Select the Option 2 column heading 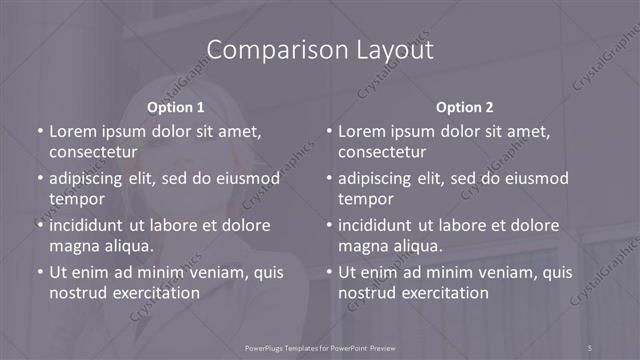click(x=465, y=107)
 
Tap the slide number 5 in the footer click(x=590, y=347)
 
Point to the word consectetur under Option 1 click(x=93, y=152)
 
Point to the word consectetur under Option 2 click(x=382, y=152)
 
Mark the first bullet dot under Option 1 click(x=40, y=131)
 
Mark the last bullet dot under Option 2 click(x=329, y=272)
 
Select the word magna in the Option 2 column click(x=361, y=245)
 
